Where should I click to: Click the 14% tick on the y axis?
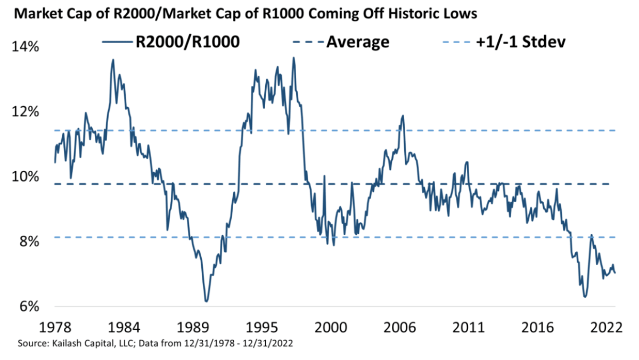(x=26, y=47)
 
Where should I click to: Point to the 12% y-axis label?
(x=26, y=112)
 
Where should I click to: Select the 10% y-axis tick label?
(x=26, y=177)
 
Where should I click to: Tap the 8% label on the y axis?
(x=29, y=242)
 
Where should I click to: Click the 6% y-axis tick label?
(x=29, y=307)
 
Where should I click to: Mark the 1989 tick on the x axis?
(x=193, y=326)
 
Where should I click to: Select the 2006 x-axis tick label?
(x=400, y=326)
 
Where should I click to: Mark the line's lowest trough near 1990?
(x=206, y=301)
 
